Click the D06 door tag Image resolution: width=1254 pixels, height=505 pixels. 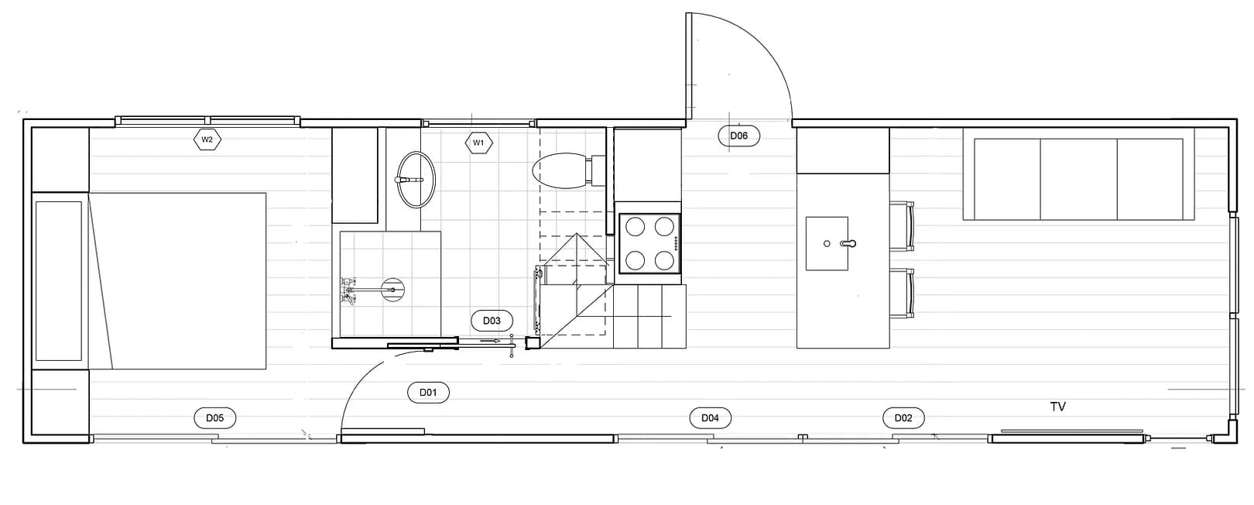pyautogui.click(x=739, y=136)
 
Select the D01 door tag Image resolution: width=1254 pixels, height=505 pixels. pyautogui.click(x=428, y=393)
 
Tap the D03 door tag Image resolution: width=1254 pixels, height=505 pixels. pyautogui.click(x=492, y=321)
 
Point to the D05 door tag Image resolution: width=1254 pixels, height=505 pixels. pyautogui.click(x=215, y=417)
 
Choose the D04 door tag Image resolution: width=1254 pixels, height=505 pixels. pyautogui.click(x=711, y=417)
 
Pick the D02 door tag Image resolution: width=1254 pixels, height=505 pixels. pyautogui.click(x=903, y=417)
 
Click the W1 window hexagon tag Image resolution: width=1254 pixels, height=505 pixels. pyautogui.click(x=478, y=143)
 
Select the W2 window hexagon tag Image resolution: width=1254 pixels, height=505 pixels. pyautogui.click(x=207, y=139)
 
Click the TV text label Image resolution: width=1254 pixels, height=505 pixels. pyautogui.click(x=1058, y=407)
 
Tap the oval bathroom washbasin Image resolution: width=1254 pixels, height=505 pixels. pyautogui.click(x=416, y=180)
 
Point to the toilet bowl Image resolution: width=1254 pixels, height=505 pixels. pyautogui.click(x=559, y=170)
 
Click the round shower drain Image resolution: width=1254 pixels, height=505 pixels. pyautogui.click(x=392, y=290)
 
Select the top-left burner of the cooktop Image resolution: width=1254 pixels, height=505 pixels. pyautogui.click(x=636, y=227)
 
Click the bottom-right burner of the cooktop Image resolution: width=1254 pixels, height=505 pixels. pyautogui.click(x=664, y=260)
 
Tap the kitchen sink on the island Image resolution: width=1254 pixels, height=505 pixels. pyautogui.click(x=827, y=243)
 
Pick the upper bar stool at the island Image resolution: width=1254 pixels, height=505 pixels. pyautogui.click(x=901, y=226)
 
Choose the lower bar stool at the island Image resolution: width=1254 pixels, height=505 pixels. pyautogui.click(x=901, y=294)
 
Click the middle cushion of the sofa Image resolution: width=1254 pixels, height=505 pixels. pyautogui.click(x=1079, y=179)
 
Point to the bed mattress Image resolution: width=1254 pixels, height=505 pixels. pyautogui.click(x=177, y=281)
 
